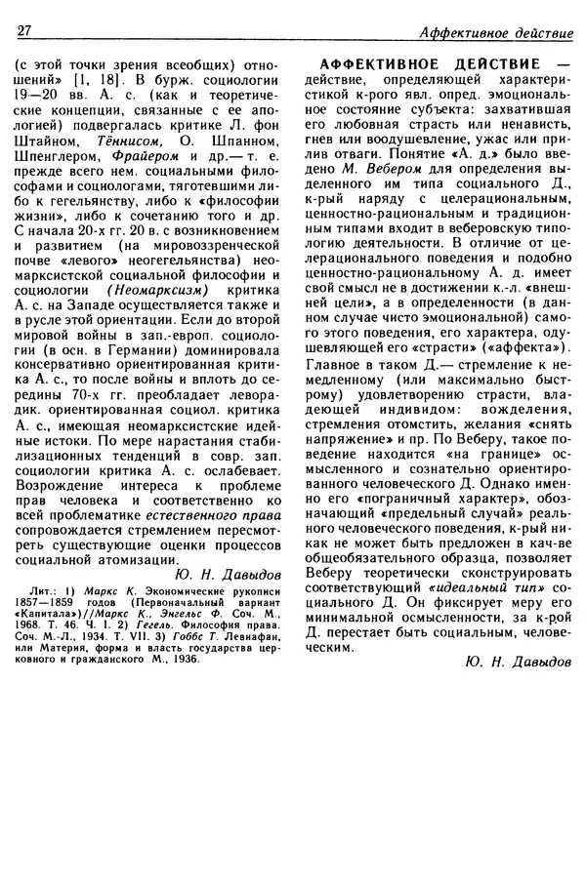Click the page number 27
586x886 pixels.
(x=26, y=31)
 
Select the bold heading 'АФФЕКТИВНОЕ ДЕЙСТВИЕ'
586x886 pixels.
(x=428, y=59)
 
